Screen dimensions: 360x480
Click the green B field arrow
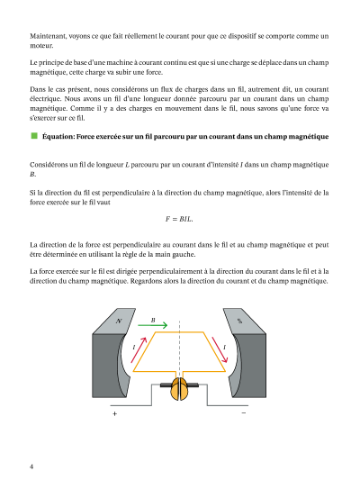153,325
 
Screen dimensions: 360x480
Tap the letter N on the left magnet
119,321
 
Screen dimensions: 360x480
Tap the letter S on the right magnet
239,321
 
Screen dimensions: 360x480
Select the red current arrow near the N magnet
139,350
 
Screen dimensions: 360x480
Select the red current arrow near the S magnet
220,350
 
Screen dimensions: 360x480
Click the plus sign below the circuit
114,413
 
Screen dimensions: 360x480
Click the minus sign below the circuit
244,413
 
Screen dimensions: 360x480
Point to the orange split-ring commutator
179,389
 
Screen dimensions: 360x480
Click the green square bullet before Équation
34,136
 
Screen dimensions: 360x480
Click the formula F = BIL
179,219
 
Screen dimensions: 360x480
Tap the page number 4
31,466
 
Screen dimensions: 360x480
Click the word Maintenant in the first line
48,36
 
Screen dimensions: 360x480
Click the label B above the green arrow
153,320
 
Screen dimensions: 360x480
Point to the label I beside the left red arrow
134,347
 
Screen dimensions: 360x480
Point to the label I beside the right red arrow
224,347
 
